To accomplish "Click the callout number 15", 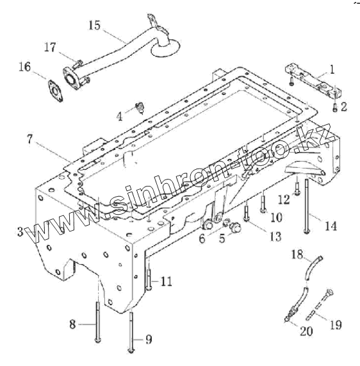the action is click(x=95, y=26).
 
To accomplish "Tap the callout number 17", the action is click(x=50, y=47).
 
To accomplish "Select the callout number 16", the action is click(x=25, y=67).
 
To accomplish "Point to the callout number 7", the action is click(x=29, y=139).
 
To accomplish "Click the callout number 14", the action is click(x=331, y=226).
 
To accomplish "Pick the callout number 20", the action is click(x=306, y=331).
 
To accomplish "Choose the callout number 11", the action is click(x=167, y=281).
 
